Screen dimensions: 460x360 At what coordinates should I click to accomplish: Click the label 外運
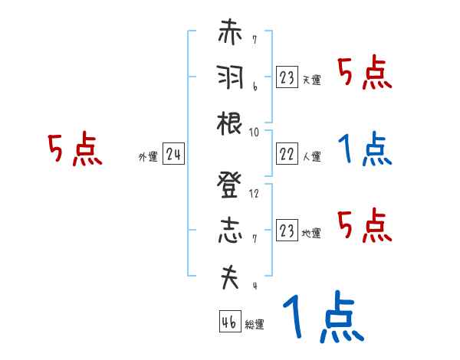(148, 158)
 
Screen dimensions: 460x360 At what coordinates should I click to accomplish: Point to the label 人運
(311, 157)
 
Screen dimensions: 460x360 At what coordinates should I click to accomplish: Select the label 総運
(254, 325)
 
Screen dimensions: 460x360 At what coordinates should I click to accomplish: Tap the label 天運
(311, 80)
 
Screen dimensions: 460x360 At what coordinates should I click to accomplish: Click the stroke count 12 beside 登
(255, 193)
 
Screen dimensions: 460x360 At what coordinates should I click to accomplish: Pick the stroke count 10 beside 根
(255, 131)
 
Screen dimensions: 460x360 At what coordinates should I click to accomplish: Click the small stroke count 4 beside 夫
(254, 286)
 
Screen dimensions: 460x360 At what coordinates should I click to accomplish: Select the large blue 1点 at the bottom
(323, 318)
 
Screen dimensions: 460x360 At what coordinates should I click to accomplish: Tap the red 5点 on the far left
(75, 150)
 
